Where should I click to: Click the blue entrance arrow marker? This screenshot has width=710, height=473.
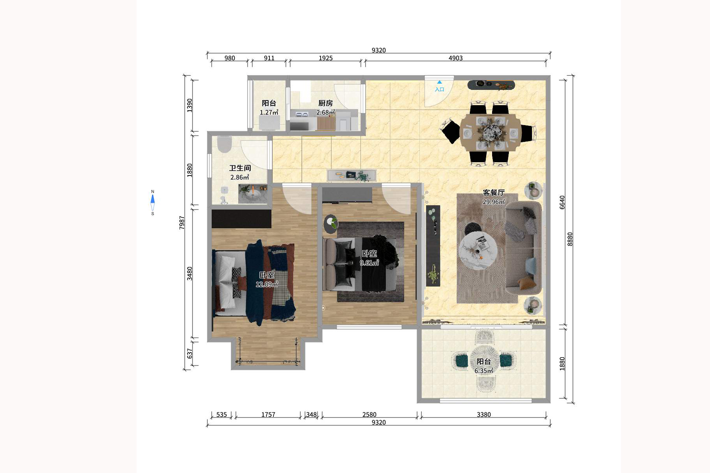[439, 82]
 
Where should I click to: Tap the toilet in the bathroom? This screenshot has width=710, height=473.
[225, 144]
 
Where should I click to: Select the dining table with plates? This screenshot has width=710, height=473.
[490, 132]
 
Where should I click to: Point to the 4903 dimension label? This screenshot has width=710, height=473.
[455, 58]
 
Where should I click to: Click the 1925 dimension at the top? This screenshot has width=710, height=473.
[325, 58]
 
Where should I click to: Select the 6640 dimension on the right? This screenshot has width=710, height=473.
[562, 202]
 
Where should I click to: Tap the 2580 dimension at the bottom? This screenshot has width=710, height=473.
[369, 414]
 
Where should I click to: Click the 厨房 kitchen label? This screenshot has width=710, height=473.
[325, 103]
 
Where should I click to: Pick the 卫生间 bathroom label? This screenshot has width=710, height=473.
[240, 168]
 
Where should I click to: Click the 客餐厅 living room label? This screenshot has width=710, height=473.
[494, 192]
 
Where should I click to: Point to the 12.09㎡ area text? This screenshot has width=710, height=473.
[267, 284]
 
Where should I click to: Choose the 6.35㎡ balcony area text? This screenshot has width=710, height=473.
[483, 371]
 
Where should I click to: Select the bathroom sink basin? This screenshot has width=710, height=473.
[253, 194]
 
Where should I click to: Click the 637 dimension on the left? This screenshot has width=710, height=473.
[190, 353]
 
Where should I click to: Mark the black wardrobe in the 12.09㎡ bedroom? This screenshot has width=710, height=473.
[241, 219]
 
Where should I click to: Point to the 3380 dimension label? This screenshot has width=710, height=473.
[483, 414]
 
